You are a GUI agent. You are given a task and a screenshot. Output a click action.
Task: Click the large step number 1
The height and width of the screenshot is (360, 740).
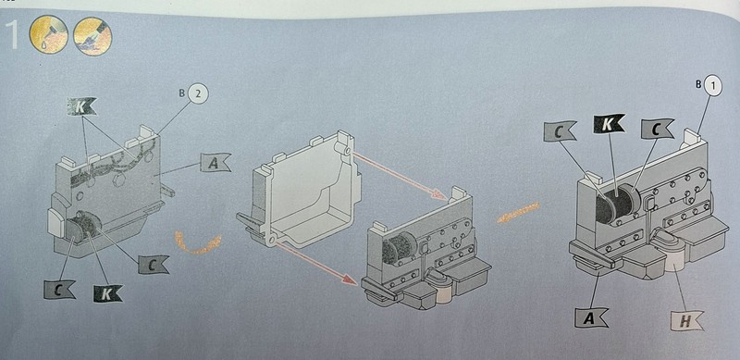pos(10,34)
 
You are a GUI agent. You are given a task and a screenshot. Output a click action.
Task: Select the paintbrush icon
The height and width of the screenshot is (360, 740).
pos(92,36)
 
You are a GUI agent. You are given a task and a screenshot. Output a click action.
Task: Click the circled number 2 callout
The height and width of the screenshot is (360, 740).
pos(198,94)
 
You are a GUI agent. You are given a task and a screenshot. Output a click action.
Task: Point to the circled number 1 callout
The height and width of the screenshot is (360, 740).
pos(712,85)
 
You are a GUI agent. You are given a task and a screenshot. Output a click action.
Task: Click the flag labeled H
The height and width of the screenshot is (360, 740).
pos(686,321)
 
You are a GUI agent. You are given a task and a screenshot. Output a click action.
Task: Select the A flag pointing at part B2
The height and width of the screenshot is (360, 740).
pos(215,162)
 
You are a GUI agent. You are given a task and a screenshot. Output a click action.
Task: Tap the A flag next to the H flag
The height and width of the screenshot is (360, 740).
pos(591,317)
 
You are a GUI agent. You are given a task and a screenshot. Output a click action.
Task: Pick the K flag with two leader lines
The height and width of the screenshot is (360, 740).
pos(81,106)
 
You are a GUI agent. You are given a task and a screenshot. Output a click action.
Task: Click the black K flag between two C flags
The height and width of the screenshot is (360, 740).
pos(609,123)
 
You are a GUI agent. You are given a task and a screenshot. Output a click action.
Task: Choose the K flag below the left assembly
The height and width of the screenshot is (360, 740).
pos(107,293)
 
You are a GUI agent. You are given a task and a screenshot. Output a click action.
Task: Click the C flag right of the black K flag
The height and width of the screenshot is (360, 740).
pos(657,129)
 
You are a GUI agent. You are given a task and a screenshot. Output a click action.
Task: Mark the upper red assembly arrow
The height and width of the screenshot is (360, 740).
pos(401,174)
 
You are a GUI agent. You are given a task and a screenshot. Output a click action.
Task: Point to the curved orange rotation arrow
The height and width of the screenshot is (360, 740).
pos(198,242)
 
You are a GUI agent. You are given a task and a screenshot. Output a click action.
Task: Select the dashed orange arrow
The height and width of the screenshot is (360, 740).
pos(518,213)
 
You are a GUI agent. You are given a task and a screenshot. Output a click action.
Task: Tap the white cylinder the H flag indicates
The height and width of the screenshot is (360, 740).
pos(675,260)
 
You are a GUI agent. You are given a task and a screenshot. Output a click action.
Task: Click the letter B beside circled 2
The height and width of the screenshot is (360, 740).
pos(181,93)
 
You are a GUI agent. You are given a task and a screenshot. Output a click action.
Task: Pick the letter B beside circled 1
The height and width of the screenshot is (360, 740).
pos(697,84)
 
